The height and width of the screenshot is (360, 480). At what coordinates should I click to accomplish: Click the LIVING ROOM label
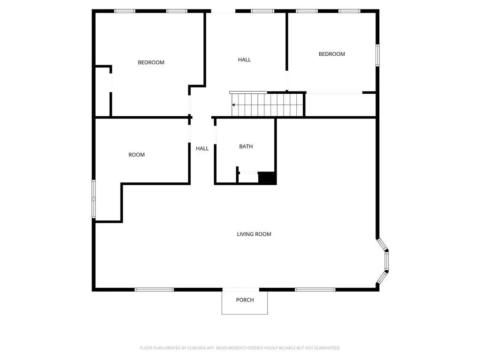click(254, 234)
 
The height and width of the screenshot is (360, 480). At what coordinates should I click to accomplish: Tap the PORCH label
click(245, 300)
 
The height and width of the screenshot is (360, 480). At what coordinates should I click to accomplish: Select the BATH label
click(246, 146)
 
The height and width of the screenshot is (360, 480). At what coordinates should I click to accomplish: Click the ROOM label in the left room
click(136, 155)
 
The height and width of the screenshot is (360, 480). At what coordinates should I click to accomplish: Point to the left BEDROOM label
click(151, 62)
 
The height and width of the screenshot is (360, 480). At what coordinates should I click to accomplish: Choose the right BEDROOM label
click(331, 54)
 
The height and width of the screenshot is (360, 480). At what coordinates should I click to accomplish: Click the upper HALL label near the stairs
click(244, 60)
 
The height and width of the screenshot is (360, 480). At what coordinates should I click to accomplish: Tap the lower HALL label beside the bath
click(202, 149)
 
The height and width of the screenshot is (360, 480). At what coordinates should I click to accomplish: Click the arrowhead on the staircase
click(233, 105)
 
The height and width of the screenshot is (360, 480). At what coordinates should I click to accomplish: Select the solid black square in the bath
click(267, 178)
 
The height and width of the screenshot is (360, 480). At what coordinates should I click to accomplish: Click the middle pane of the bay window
click(387, 261)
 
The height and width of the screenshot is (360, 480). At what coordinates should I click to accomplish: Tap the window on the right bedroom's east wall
click(377, 55)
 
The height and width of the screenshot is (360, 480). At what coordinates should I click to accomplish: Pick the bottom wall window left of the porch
click(154, 290)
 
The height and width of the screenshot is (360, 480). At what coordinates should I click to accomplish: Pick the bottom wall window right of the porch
click(315, 290)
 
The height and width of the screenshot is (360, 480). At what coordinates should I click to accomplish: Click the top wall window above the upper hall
click(262, 11)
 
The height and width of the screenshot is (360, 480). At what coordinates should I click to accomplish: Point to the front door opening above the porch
click(241, 290)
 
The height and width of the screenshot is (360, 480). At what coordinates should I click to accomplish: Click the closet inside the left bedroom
click(103, 91)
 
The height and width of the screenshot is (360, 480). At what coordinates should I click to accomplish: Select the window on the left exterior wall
click(94, 199)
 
